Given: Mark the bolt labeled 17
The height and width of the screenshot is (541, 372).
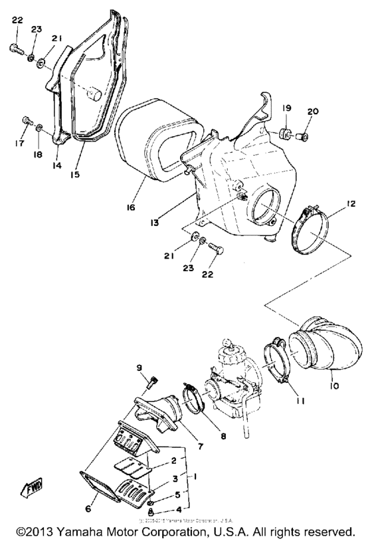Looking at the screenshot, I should (x=26, y=122).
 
